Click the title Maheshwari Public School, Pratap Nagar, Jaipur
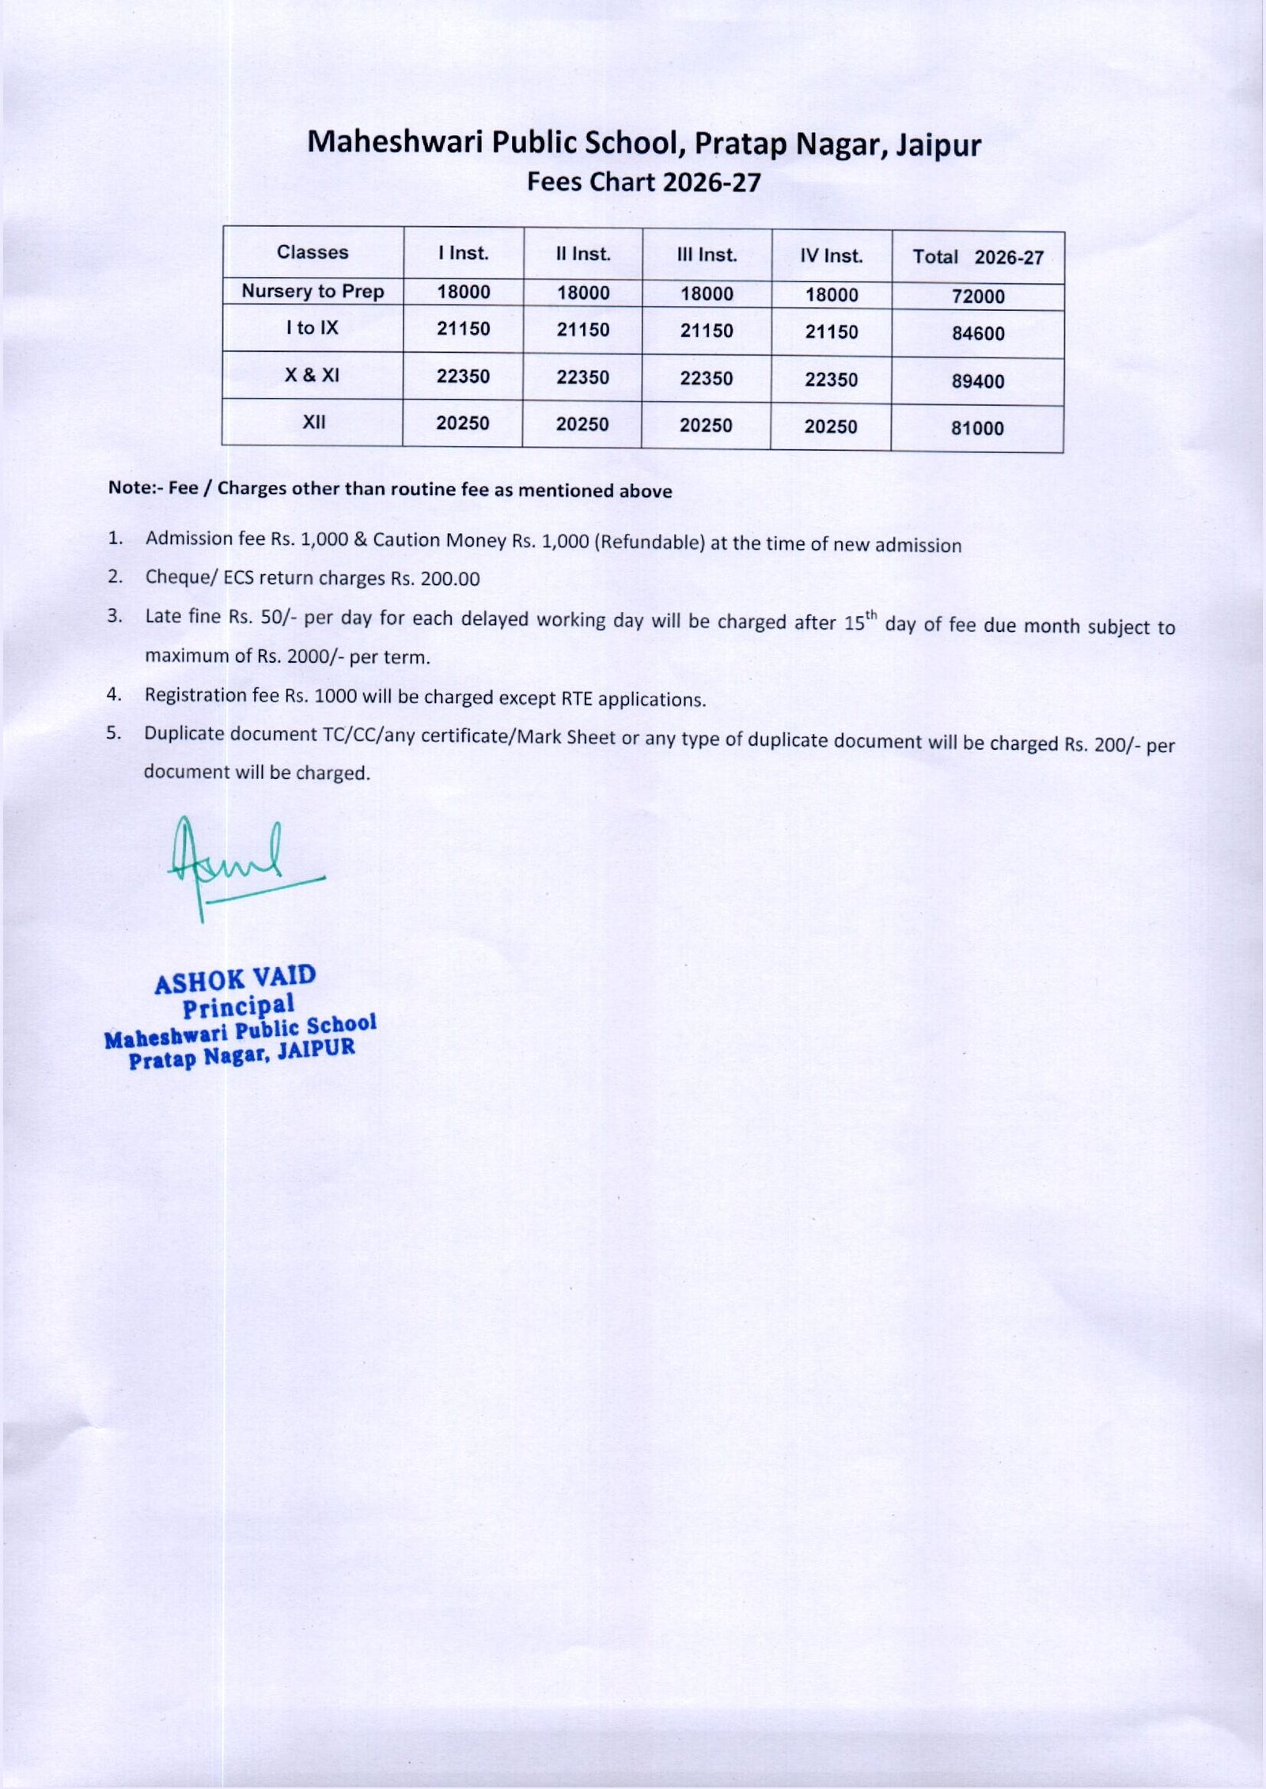[643, 144]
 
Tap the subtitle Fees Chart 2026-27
[643, 182]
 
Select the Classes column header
[313, 252]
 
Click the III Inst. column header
[707, 255]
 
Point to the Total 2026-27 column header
[978, 257]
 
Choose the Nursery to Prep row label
[313, 291]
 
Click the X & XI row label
[313, 376]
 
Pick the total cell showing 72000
[978, 297]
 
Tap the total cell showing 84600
[978, 334]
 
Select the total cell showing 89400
[978, 381]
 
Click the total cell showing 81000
[977, 429]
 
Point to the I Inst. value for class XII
[463, 424]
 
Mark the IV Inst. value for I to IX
[831, 332]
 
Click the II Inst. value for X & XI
[582, 378]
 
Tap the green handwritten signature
[229, 862]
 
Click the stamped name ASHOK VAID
[235, 980]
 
